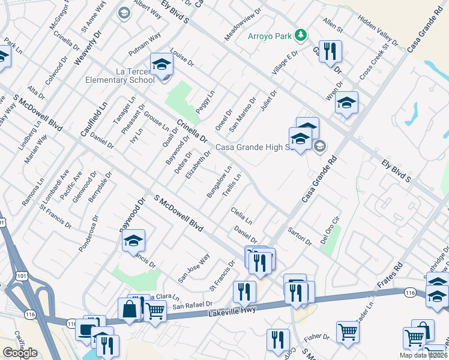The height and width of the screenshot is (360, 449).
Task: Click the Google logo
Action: (20, 353)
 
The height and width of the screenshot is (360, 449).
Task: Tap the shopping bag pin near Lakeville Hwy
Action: (130, 310)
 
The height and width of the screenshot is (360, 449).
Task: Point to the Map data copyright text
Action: (423, 355)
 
